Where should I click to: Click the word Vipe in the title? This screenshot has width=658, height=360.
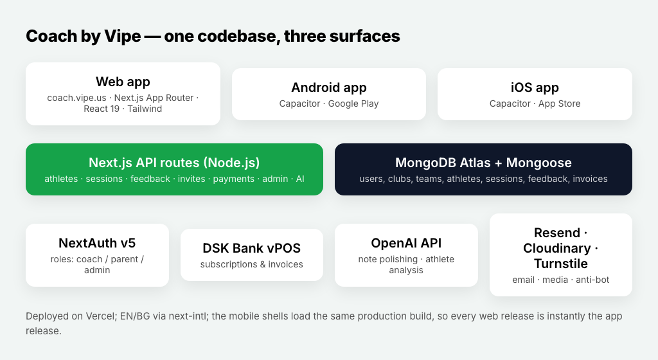(x=123, y=36)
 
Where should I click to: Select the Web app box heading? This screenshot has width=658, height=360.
(x=123, y=82)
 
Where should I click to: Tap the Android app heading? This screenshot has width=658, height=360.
(x=329, y=87)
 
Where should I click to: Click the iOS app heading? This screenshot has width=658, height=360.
(x=535, y=87)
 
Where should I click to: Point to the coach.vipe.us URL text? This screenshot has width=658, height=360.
(x=77, y=98)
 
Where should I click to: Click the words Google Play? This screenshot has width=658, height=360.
(x=353, y=104)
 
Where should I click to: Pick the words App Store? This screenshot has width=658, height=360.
(x=560, y=104)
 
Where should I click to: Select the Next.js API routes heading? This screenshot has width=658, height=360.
(x=174, y=163)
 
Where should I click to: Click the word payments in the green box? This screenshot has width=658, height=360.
(x=234, y=179)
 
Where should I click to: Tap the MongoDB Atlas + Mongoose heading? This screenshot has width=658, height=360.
(x=483, y=163)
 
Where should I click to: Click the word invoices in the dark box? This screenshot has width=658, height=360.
(x=590, y=179)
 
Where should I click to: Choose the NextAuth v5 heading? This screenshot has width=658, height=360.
(x=97, y=244)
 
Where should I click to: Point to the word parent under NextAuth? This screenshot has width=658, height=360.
(x=125, y=259)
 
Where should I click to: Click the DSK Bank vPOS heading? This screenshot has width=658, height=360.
(x=252, y=248)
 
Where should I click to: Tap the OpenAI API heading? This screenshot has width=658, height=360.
(x=406, y=244)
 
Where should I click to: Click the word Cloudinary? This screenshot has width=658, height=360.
(x=557, y=248)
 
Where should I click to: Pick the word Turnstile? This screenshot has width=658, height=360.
(x=560, y=264)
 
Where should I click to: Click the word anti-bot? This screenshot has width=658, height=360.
(x=592, y=280)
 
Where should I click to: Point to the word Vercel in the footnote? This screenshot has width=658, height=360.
(x=101, y=316)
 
